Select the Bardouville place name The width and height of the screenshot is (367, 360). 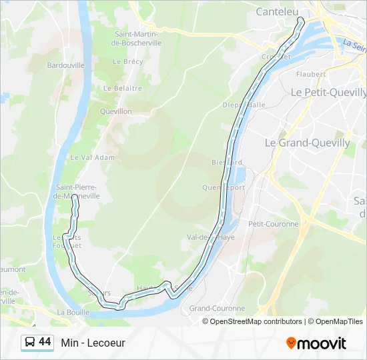click(65, 65)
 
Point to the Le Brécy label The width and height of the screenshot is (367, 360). click(128, 61)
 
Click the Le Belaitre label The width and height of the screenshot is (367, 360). click(123, 88)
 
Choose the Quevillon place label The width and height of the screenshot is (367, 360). click(116, 111)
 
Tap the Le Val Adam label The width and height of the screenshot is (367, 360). click(93, 157)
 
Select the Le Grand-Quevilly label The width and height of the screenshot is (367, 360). click(307, 143)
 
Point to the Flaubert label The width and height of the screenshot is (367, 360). click(310, 74)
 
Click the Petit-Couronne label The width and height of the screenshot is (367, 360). click(274, 224)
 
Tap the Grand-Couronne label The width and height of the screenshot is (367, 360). click(217, 309)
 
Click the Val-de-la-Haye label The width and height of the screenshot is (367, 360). click(210, 237)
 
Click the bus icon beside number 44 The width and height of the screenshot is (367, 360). click(30, 343)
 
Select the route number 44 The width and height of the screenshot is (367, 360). click(45, 342)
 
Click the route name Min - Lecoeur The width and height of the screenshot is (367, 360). click(93, 343)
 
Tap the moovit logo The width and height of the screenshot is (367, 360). click(316, 343)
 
